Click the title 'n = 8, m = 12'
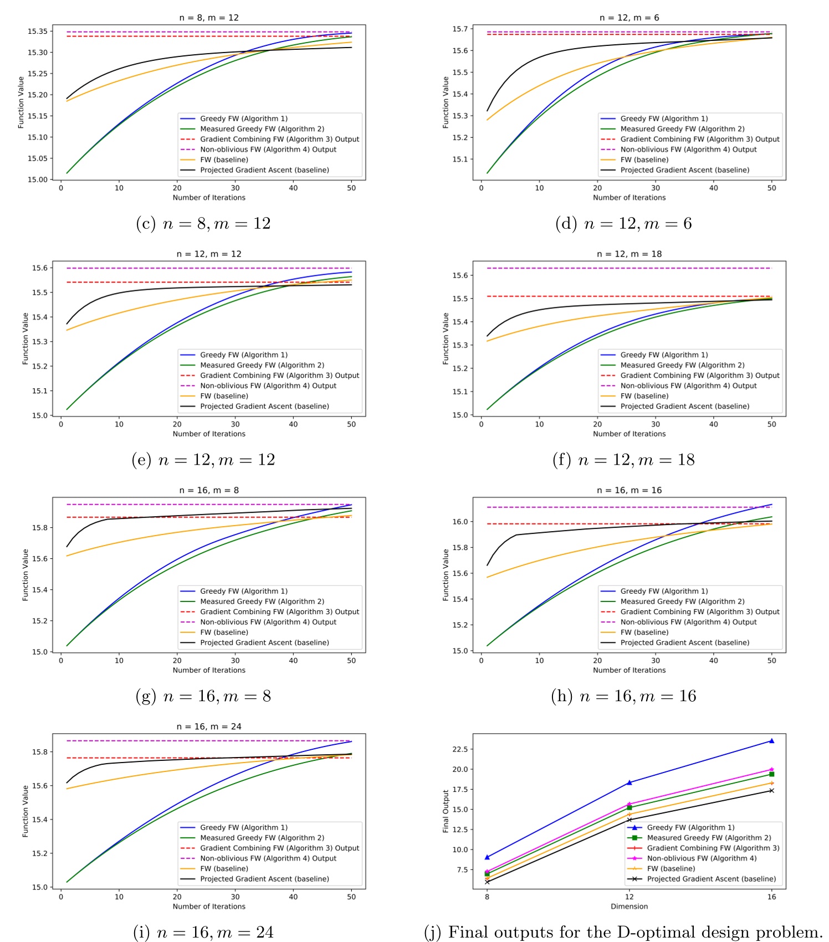(x=209, y=18)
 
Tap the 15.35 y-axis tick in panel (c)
(x=37, y=32)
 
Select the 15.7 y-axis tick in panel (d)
(x=459, y=29)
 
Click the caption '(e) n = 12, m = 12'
(x=203, y=460)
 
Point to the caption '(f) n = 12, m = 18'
(x=623, y=460)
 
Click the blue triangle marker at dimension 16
(x=771, y=740)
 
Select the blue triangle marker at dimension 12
(x=629, y=783)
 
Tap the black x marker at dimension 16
(x=771, y=790)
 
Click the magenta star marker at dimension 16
(x=771, y=769)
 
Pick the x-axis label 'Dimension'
(x=629, y=907)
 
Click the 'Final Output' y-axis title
(x=446, y=811)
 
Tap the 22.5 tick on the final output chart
(x=460, y=749)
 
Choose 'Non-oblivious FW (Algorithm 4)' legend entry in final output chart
(x=702, y=858)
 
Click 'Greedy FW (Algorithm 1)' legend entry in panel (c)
(x=244, y=119)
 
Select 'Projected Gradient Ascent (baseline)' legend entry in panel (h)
(x=684, y=642)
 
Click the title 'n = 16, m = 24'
(x=209, y=727)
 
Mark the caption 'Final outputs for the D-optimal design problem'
(x=634, y=932)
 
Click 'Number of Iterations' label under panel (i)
(x=209, y=907)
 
